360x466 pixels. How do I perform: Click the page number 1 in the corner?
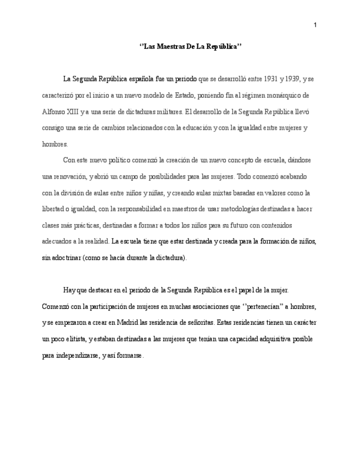pos(315,25)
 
